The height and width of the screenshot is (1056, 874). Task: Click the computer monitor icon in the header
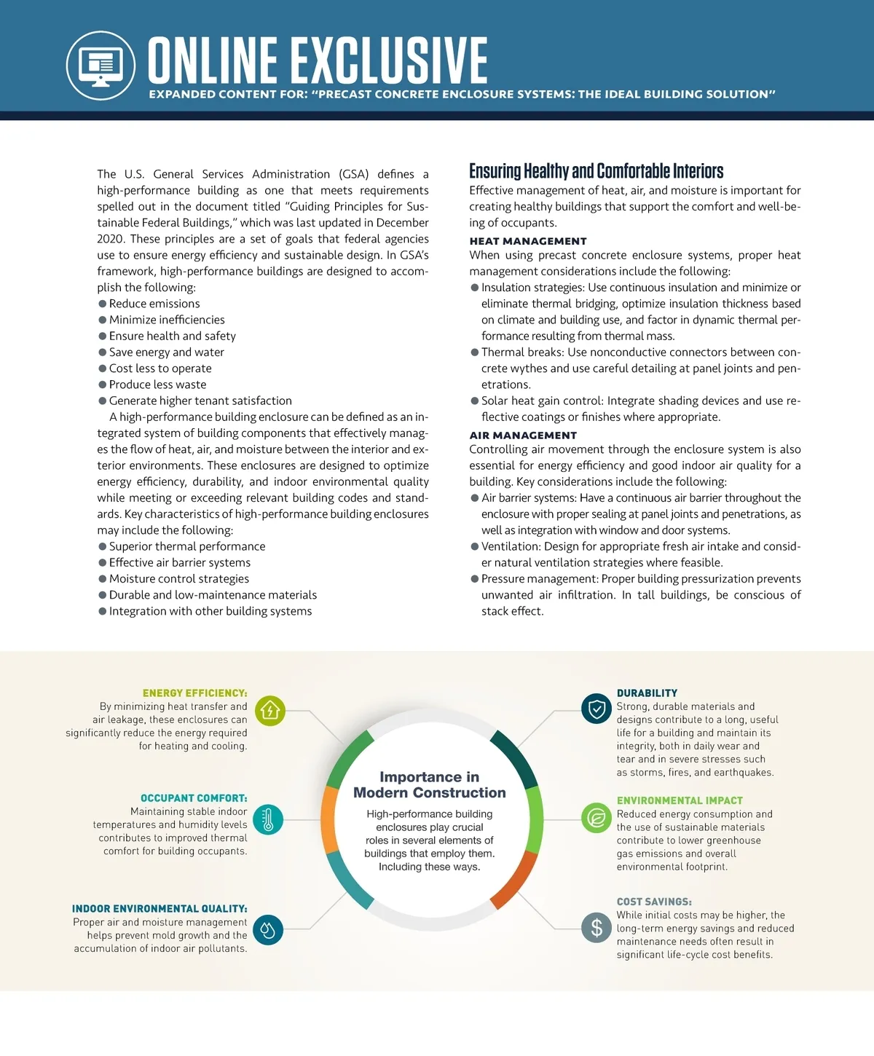click(101, 65)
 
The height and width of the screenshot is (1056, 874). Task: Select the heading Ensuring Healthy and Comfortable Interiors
click(596, 171)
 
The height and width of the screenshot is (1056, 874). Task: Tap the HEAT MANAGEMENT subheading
click(527, 241)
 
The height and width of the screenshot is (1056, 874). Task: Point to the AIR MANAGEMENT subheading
click(522, 436)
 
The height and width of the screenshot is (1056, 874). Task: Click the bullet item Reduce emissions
click(154, 304)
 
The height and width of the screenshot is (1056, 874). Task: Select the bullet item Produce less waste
click(157, 385)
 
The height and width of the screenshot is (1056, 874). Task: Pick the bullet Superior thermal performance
click(186, 546)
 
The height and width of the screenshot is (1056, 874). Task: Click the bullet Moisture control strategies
click(178, 579)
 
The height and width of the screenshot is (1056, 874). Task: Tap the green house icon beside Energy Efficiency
click(270, 710)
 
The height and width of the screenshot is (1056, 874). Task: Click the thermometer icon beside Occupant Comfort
click(268, 819)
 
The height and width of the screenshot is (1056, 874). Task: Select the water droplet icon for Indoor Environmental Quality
click(268, 929)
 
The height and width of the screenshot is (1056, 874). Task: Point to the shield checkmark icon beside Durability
click(596, 709)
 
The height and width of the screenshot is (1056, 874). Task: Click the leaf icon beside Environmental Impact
click(596, 818)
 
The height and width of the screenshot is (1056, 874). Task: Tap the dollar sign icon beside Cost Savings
click(596, 927)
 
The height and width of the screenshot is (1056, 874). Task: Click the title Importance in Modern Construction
click(430, 785)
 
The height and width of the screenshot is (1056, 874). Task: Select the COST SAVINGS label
click(654, 902)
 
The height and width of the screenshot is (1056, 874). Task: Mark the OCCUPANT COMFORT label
click(194, 798)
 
